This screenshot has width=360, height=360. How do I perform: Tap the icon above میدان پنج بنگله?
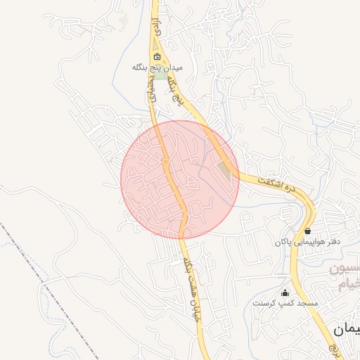click(x=156, y=57)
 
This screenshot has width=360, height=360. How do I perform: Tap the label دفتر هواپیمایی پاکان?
click(x=309, y=241)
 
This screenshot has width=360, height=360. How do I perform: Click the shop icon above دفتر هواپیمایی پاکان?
click(x=308, y=231)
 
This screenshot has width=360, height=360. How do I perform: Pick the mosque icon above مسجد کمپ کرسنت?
click(x=285, y=292)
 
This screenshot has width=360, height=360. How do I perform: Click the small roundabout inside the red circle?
click(x=166, y=162)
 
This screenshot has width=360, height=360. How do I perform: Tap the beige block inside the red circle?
click(x=225, y=169)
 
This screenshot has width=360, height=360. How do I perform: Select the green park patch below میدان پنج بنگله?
click(x=161, y=75)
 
